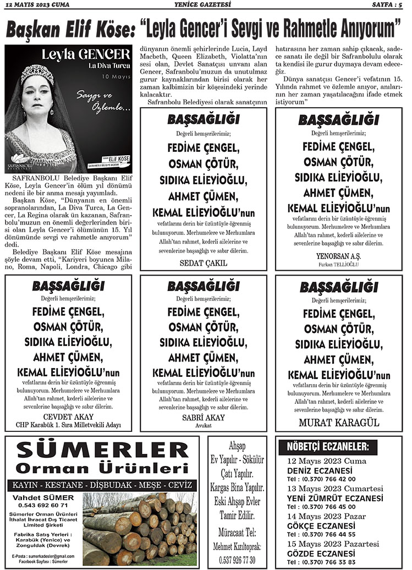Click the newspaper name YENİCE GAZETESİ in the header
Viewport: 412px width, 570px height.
pos(206,6)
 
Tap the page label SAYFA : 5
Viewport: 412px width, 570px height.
pos(387,6)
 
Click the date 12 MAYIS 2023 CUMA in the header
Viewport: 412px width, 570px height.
pos(37,6)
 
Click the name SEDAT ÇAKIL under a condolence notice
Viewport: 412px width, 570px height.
pos(204,263)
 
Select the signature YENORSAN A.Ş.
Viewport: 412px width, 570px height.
pos(338,256)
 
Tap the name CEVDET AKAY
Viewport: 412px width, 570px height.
pos(69,416)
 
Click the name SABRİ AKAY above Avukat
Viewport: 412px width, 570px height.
pos(204,418)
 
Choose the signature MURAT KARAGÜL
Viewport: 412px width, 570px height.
pos(339,423)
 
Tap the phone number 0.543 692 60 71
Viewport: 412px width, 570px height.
pos(43,505)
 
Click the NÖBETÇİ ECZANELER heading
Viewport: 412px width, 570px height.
pos(328,446)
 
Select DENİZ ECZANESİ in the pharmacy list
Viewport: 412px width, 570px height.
pos(320,471)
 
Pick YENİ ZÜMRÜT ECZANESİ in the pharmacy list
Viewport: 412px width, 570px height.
pos(335,498)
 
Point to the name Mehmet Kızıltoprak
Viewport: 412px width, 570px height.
pos(238,546)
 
